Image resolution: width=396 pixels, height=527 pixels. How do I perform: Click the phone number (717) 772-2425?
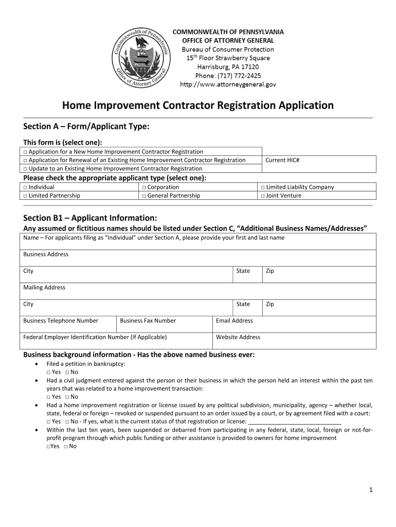pos(227,75)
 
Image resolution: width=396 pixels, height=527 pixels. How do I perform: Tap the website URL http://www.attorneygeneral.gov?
pos(227,84)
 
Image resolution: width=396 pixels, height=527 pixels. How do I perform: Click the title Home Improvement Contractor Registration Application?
pos(197,106)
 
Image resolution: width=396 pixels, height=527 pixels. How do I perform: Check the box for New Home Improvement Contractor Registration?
pos(25,152)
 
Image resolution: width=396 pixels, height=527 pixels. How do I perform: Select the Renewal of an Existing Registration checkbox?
pos(25,160)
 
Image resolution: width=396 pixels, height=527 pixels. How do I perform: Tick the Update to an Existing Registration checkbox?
pos(25,169)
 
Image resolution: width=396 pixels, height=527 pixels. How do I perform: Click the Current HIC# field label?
pos(282,160)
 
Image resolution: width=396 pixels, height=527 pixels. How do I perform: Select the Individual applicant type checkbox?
pos(25,187)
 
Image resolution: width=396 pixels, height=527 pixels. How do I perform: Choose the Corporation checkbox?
pos(144,187)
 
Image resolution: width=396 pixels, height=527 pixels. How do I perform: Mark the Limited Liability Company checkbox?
pos(263,187)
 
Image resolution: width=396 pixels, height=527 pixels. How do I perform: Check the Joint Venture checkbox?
pos(263,196)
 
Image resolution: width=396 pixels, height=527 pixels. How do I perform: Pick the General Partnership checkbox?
pos(144,196)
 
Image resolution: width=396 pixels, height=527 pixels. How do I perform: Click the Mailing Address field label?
pos(44,287)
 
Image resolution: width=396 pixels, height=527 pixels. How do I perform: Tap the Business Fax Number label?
pos(148,321)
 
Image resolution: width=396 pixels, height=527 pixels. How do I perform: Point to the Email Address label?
pos(234,321)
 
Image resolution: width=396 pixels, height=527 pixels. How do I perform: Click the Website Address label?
pos(238,337)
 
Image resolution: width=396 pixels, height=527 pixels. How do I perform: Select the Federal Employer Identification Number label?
pos(95,337)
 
